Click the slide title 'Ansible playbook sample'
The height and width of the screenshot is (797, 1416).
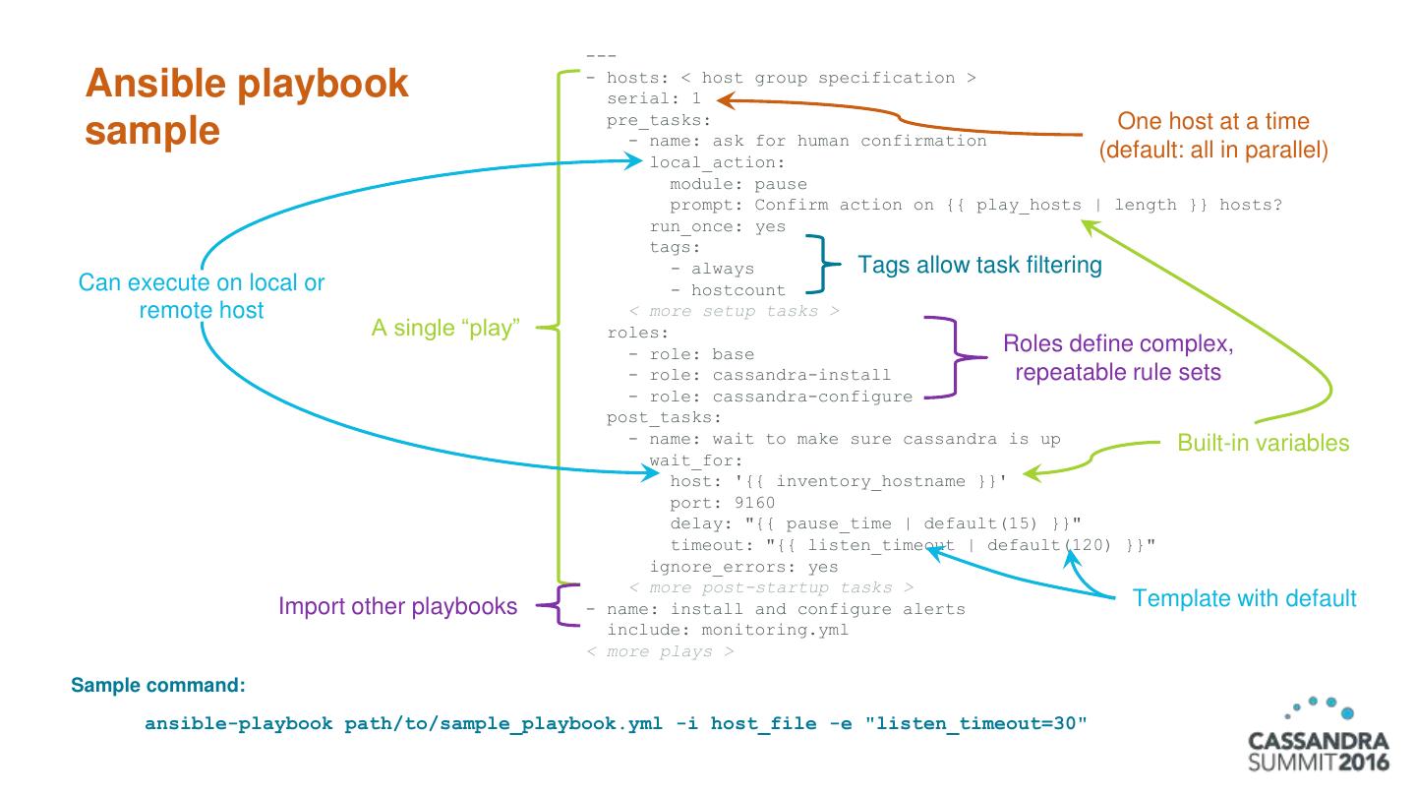[246, 106]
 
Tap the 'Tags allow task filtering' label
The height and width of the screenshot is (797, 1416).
[979, 265]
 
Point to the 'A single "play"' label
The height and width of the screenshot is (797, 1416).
[444, 329]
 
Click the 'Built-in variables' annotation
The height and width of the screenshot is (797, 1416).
[1263, 443]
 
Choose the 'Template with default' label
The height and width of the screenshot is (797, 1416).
[1244, 598]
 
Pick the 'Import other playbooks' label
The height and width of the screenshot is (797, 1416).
[398, 606]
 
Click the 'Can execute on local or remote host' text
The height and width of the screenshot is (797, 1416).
[202, 296]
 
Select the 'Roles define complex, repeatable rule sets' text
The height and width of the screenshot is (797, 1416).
[1117, 359]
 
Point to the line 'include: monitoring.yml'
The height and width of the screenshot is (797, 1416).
[727, 630]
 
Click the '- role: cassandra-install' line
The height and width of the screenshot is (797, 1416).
[759, 375]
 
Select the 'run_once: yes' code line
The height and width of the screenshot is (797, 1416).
[717, 226]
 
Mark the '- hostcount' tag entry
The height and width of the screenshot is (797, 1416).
[728, 290]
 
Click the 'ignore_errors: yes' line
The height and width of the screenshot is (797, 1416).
[743, 567]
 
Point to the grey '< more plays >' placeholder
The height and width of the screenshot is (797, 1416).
[659, 651]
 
